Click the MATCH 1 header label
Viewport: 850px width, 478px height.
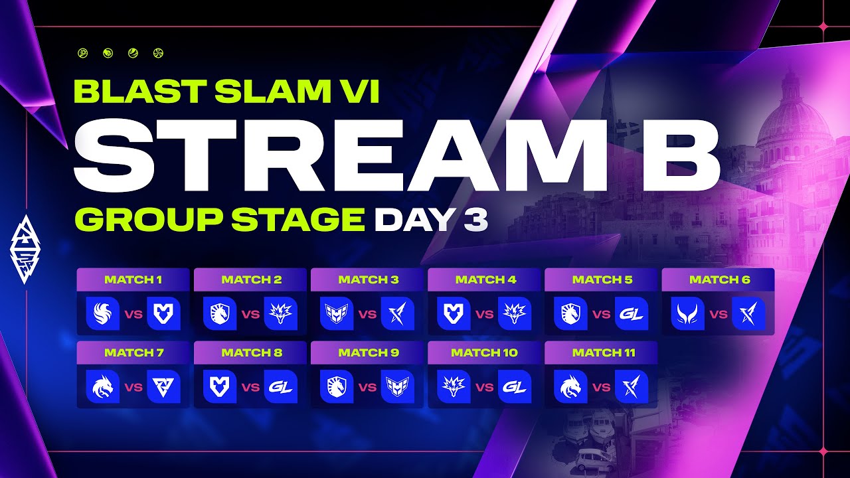pyautogui.click(x=133, y=280)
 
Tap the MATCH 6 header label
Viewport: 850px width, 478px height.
pyautogui.click(x=719, y=280)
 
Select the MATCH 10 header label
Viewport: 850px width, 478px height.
pyautogui.click(x=484, y=353)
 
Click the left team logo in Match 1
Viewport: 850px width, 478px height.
pyautogui.click(x=102, y=313)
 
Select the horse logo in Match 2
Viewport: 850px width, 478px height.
pyautogui.click(x=220, y=313)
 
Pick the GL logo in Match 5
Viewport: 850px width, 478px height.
pyautogui.click(x=632, y=313)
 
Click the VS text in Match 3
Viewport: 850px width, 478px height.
pyautogui.click(x=367, y=314)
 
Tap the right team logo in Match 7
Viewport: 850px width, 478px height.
pyautogui.click(x=163, y=386)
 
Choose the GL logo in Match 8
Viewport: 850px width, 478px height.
pyautogui.click(x=281, y=386)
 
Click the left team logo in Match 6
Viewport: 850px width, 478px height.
pyautogui.click(x=687, y=313)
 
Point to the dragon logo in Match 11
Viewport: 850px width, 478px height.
pyautogui.click(x=570, y=386)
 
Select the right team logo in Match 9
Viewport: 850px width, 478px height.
pyautogui.click(x=398, y=386)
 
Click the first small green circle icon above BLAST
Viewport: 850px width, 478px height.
pyautogui.click(x=83, y=53)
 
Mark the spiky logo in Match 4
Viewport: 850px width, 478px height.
pyautogui.click(x=515, y=313)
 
